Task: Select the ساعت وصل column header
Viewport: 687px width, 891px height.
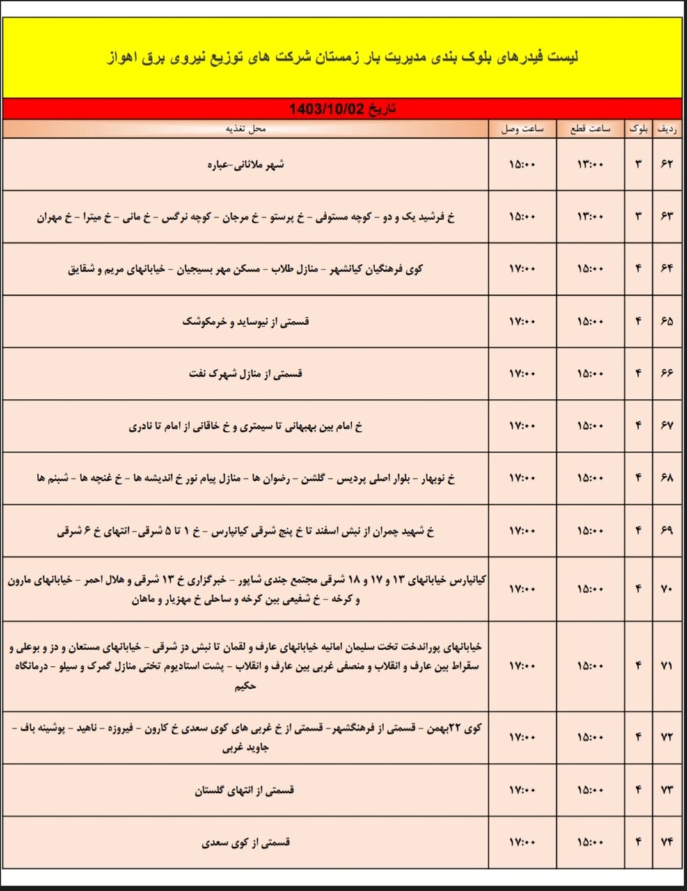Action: point(522,129)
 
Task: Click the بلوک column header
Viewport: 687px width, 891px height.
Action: point(638,129)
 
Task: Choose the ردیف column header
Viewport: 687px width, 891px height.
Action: point(667,129)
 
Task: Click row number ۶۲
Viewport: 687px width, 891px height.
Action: point(667,165)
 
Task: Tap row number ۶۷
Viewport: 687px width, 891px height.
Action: point(667,426)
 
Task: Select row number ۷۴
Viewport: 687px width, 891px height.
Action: point(667,842)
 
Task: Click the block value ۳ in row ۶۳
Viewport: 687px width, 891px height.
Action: point(638,217)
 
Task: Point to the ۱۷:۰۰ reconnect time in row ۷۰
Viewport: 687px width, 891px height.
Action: point(522,590)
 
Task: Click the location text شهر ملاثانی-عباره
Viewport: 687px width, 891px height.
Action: point(245,165)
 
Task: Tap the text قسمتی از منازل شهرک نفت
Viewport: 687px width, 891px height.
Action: point(245,374)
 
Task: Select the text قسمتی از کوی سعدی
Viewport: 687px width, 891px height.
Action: point(245,842)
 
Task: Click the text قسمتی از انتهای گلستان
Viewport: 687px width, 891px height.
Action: point(245,790)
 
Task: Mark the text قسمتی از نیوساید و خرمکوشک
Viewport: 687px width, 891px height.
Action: point(245,322)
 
